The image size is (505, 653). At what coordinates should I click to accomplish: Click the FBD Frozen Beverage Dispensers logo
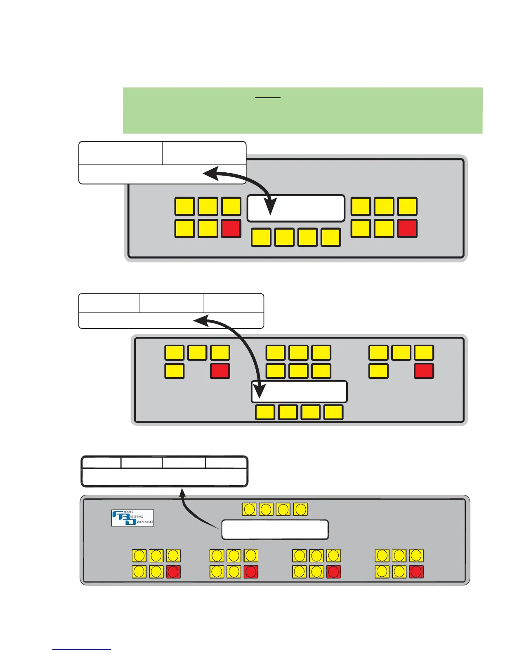tap(132, 518)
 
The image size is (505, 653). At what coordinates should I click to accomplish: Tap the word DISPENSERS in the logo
tap(145, 522)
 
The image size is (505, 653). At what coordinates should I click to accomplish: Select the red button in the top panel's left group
tap(231, 229)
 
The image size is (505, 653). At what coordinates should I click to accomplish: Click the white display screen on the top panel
tap(296, 208)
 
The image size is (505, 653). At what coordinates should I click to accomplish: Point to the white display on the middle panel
tap(299, 392)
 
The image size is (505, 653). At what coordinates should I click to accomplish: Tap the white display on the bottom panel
tap(275, 530)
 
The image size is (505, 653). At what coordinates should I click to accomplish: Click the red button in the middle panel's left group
tap(220, 371)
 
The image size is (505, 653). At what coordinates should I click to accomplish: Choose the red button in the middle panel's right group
tap(424, 371)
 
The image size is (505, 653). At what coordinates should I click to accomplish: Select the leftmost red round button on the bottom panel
tap(173, 572)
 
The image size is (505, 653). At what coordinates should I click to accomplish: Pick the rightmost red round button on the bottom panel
tap(416, 572)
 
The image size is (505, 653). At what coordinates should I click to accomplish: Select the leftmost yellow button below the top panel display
tap(261, 237)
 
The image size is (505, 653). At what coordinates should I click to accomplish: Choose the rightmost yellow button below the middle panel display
tap(333, 412)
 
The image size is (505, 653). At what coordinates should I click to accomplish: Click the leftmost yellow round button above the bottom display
tap(249, 509)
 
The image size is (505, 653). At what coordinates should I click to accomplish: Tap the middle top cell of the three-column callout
tap(171, 303)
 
